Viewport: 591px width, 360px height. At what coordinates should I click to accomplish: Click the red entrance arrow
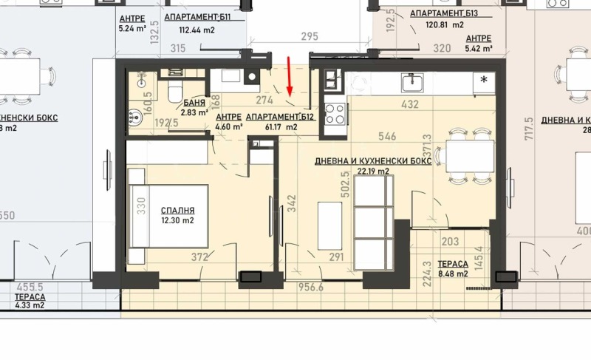click(290, 76)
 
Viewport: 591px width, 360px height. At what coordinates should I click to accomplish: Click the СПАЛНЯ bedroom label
click(178, 209)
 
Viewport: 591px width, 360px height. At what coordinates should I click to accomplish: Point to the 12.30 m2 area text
click(177, 220)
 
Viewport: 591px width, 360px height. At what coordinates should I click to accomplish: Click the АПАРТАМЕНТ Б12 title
click(279, 117)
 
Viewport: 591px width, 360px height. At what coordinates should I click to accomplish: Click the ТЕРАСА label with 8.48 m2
click(452, 263)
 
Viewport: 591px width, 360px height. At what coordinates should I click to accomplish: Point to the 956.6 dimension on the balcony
click(311, 288)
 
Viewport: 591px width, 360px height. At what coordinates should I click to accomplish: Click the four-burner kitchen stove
click(335, 113)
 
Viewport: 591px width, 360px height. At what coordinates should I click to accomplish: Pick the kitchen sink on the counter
click(411, 80)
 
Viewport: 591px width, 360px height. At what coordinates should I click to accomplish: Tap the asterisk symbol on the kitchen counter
click(484, 79)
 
